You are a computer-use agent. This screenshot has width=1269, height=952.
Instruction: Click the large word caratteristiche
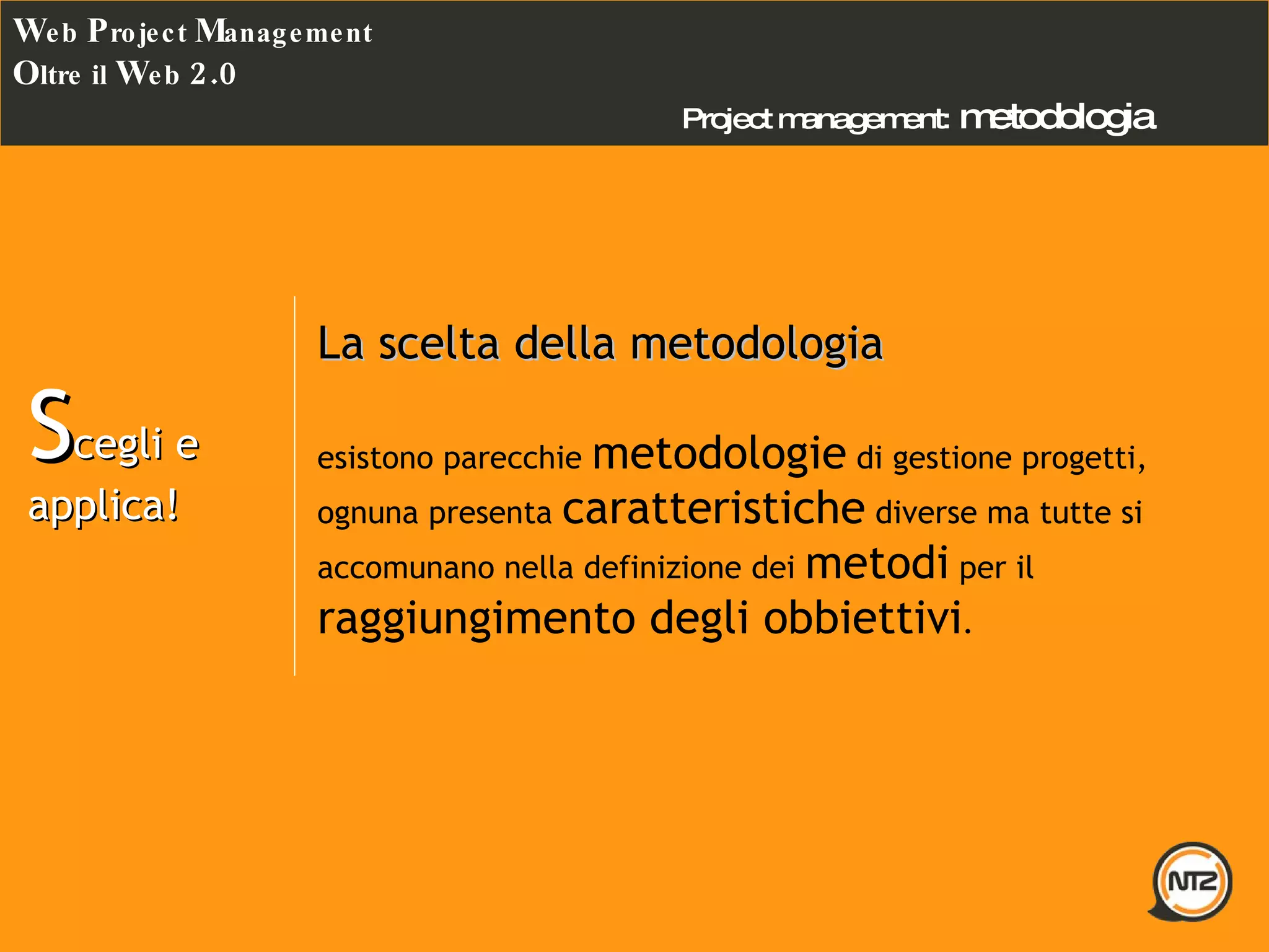(x=713, y=508)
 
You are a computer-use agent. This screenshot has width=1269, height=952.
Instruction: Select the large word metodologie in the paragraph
(x=719, y=454)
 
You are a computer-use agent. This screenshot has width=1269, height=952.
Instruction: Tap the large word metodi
(x=877, y=563)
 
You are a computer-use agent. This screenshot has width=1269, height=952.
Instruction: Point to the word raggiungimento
(x=476, y=619)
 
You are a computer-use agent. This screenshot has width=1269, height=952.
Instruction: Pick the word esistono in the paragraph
(x=375, y=459)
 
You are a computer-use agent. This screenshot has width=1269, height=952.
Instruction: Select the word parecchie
(x=512, y=459)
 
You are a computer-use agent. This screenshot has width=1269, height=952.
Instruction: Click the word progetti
(x=1082, y=459)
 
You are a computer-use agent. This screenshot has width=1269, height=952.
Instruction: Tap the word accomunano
(x=405, y=568)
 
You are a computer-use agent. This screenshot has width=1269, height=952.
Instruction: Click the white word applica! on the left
(x=104, y=506)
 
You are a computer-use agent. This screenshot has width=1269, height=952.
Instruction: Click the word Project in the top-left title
(x=137, y=32)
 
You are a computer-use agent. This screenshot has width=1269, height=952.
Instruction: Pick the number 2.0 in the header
(x=213, y=74)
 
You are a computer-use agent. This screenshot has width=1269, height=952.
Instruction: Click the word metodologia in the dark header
(x=1057, y=118)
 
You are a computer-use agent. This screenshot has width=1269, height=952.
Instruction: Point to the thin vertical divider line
(x=294, y=486)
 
